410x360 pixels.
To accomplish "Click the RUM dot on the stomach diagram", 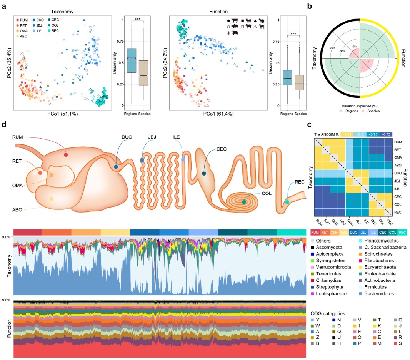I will click(x=66, y=154).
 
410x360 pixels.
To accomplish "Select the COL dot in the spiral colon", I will click(x=244, y=201).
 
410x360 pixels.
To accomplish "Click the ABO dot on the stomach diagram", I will click(x=51, y=199).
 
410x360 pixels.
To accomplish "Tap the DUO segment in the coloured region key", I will click(x=354, y=233).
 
